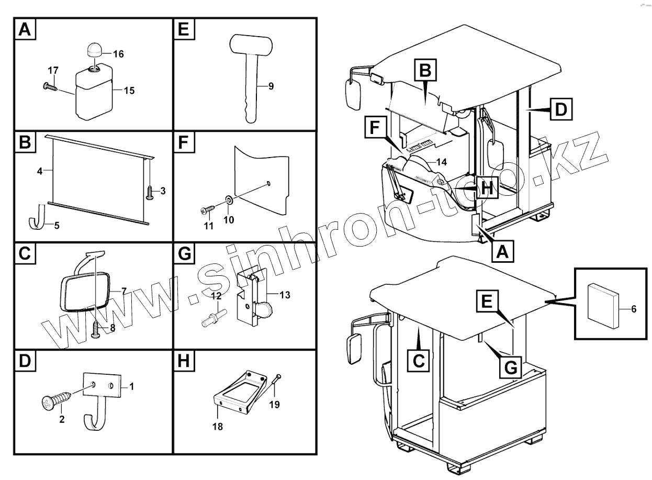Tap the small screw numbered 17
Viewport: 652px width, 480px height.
pos(50,86)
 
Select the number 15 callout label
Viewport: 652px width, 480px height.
pos(129,91)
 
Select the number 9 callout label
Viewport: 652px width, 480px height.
pos(271,85)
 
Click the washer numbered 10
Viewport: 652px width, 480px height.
pos(229,199)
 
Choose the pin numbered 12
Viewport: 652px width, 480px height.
pos(213,316)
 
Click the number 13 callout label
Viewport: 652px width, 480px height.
pos(284,295)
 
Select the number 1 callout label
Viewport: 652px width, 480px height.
pos(131,386)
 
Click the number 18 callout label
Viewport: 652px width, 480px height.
pos(218,427)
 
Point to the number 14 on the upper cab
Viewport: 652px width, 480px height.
pos(441,162)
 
